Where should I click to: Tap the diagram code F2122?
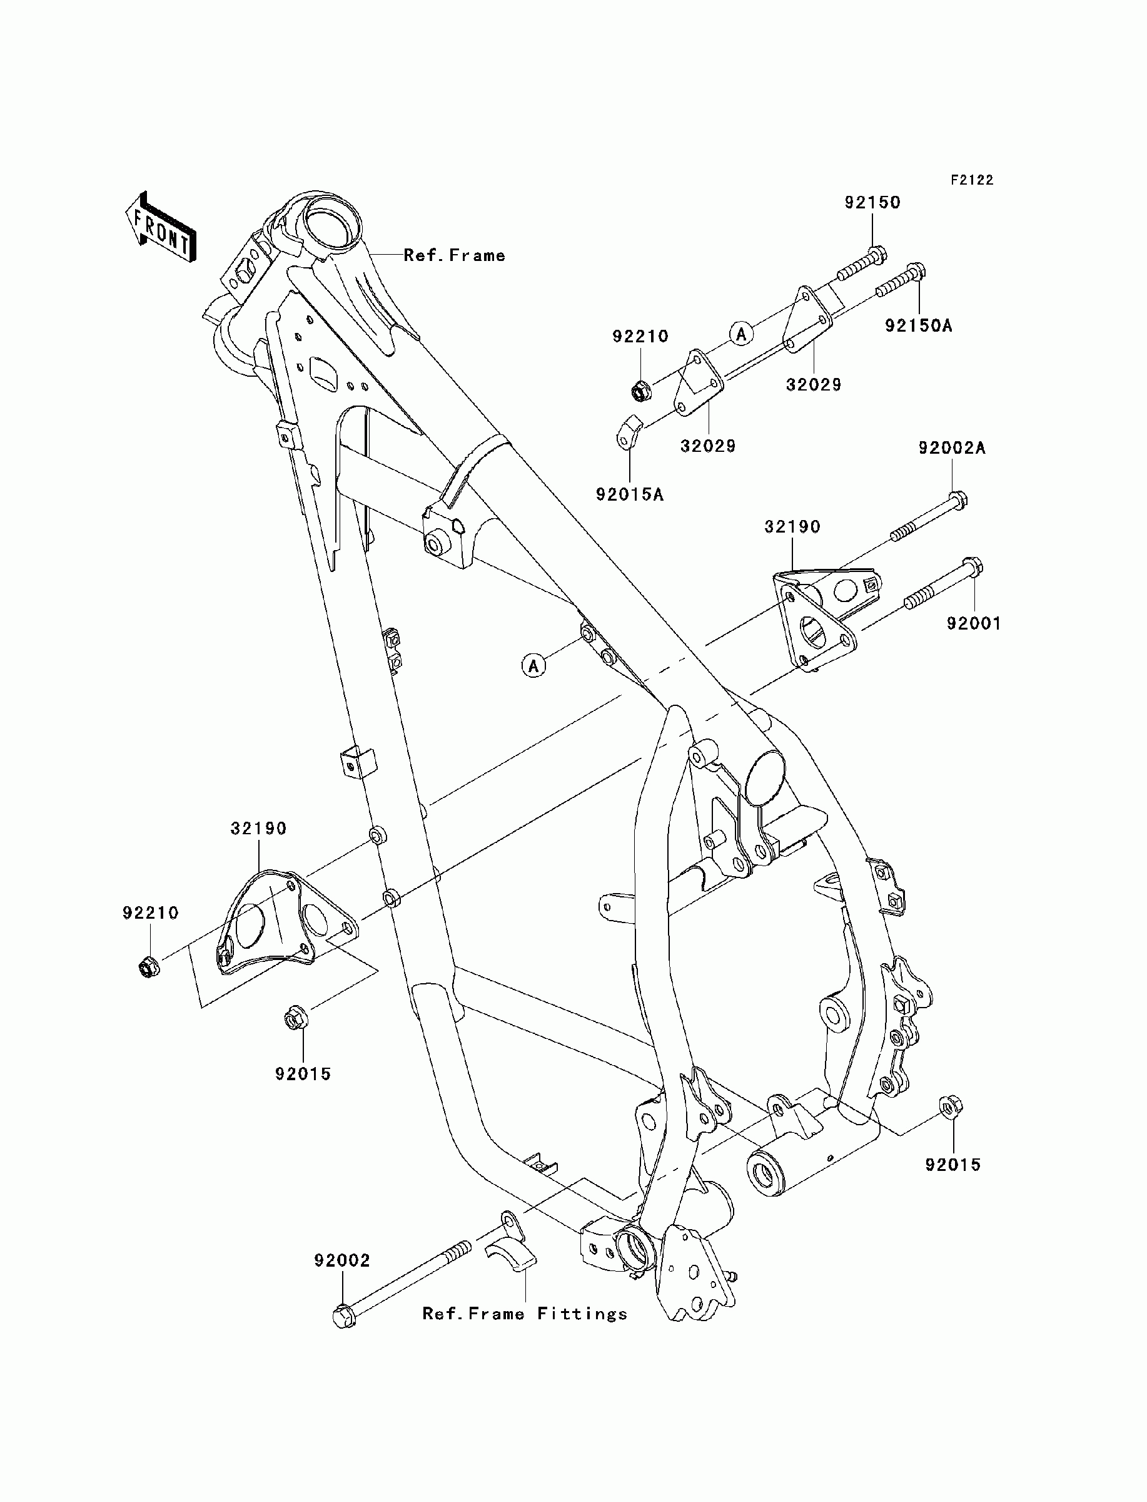[x=973, y=180]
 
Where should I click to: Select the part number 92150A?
[x=918, y=325]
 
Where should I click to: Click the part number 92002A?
[x=952, y=448]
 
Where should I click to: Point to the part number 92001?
[x=974, y=623]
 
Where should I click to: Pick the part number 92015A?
[x=630, y=494]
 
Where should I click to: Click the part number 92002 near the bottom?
[x=342, y=1260]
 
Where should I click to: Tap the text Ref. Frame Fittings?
[x=524, y=1314]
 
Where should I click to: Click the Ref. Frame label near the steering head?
[x=454, y=255]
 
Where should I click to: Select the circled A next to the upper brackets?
[x=742, y=334]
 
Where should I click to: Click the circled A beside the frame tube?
[x=534, y=665]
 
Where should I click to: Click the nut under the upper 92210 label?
[x=640, y=392]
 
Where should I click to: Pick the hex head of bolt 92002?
[x=344, y=1316]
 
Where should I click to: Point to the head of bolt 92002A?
[x=958, y=500]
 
